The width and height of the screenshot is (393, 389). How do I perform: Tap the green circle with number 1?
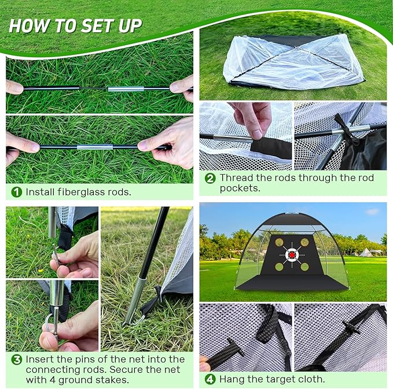point(17,192)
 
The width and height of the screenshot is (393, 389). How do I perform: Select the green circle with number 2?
point(211,178)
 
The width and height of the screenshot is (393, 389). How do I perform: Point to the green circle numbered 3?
point(17,360)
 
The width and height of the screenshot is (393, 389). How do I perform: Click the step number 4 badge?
point(211,379)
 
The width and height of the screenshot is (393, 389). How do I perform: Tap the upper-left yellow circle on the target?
point(280,242)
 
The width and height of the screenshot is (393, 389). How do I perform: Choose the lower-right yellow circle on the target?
point(305,266)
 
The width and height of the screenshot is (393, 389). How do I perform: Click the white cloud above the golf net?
point(372,212)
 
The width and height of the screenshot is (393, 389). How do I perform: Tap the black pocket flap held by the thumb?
point(271,149)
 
